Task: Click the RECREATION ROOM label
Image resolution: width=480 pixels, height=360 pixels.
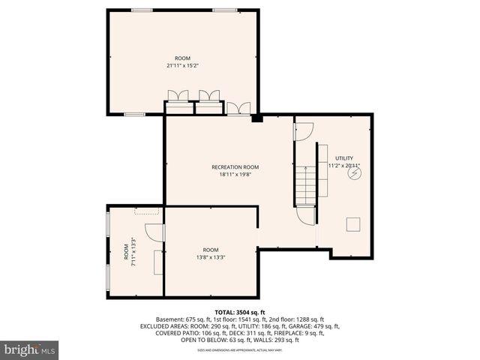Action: point(235,166)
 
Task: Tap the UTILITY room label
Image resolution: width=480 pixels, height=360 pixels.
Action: point(344,158)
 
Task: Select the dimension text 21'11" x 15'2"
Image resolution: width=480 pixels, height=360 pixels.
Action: point(182,65)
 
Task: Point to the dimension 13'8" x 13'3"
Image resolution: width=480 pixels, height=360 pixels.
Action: point(210,257)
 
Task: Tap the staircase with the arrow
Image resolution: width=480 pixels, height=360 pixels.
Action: point(305,184)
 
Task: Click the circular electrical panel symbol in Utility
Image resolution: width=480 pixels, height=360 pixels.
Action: point(355,173)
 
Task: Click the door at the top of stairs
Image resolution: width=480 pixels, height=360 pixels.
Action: point(303,131)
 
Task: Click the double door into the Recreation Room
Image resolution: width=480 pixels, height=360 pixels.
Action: point(238,108)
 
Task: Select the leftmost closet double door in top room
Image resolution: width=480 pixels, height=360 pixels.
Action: point(178,97)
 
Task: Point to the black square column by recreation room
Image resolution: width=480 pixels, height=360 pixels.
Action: point(257,118)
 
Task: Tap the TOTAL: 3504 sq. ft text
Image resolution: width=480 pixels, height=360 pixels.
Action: point(240,312)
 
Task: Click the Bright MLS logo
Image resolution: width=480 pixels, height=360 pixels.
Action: point(30,349)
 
